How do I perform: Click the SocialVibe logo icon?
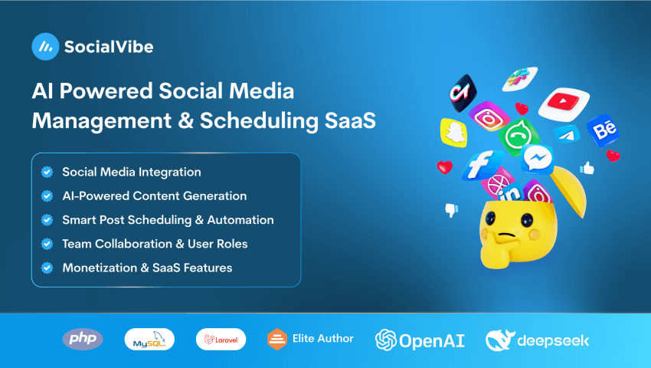click(45, 47)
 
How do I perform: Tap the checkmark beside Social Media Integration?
click(47, 172)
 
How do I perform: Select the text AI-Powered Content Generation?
click(154, 195)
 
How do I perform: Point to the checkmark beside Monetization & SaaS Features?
click(47, 268)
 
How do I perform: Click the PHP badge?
click(83, 339)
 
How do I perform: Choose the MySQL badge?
click(149, 339)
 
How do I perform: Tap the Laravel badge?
click(221, 339)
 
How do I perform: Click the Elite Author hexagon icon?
click(276, 339)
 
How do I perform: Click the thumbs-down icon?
click(452, 209)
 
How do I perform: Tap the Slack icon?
click(519, 77)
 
